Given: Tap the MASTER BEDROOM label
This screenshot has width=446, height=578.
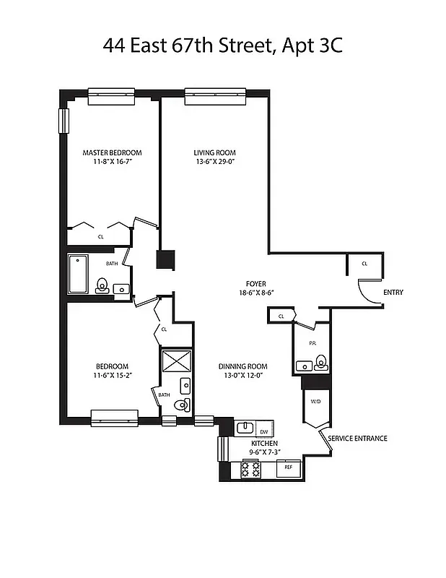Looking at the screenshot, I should point(112,152).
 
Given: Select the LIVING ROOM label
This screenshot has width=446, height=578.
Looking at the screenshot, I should point(214,152).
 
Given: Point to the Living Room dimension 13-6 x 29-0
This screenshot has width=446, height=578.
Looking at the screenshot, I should point(214,163).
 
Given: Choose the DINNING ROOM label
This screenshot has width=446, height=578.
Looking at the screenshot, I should point(243,366).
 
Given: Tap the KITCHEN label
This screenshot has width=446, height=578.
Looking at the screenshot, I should point(265,443).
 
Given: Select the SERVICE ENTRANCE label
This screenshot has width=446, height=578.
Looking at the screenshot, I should point(358,438).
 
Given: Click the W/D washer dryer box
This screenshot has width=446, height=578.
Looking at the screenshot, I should point(315,402).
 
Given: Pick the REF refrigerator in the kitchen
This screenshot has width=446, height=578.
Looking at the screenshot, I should point(289,467).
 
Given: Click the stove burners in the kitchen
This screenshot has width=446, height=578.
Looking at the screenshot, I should point(250,470).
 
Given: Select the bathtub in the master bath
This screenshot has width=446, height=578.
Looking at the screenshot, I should point(78,275).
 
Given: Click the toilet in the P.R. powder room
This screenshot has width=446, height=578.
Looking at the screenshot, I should point(321,363).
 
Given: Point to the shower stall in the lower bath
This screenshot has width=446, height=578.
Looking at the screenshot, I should point(175,361).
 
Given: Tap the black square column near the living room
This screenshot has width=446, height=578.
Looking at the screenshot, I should point(166,260).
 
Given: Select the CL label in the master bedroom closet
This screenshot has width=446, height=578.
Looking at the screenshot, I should point(100,236).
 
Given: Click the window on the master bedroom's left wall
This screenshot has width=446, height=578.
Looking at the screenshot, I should point(63,121).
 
